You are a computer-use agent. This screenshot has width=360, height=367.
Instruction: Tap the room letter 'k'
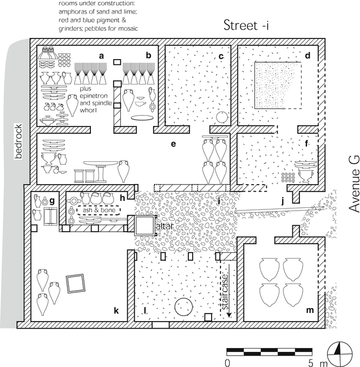116,310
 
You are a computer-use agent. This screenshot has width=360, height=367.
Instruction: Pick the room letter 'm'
310,310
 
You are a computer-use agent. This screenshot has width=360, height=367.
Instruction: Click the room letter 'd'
307,55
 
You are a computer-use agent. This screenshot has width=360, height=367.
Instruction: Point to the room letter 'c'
221,55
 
